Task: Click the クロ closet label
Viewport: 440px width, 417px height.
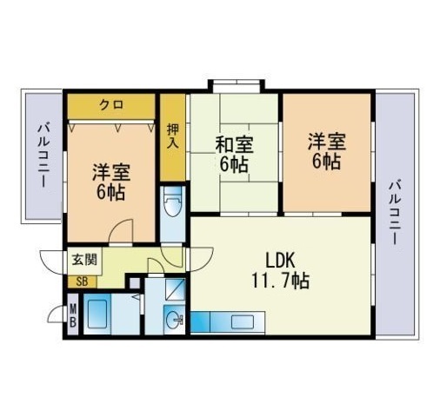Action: pyautogui.click(x=111, y=104)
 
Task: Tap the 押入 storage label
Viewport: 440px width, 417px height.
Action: pyautogui.click(x=173, y=136)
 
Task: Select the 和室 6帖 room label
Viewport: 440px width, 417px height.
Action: pyautogui.click(x=234, y=155)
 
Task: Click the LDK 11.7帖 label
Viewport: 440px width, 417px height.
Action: pyautogui.click(x=280, y=270)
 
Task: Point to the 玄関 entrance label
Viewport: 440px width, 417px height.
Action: pyautogui.click(x=84, y=259)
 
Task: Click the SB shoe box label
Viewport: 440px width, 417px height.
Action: pyautogui.click(x=82, y=281)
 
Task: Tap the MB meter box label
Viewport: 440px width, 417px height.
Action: pyautogui.click(x=73, y=314)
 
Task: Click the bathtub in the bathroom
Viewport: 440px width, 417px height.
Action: pyautogui.click(x=97, y=314)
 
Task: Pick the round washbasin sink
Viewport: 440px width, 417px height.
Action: pyautogui.click(x=175, y=320)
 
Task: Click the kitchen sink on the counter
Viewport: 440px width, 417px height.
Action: pyautogui.click(x=243, y=321)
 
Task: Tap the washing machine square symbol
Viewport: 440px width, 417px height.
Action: pyautogui.click(x=175, y=289)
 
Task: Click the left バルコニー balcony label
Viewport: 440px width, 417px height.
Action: pyautogui.click(x=43, y=156)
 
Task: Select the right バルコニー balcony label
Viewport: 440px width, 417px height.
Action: pyautogui.click(x=395, y=212)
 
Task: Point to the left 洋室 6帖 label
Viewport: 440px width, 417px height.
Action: pyautogui.click(x=111, y=182)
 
